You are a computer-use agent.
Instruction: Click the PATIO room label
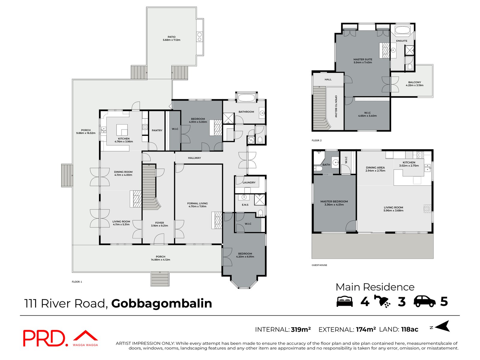point(172,37)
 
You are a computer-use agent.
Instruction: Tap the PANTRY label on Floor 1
point(157,130)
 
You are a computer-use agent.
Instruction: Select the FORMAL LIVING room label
point(197,203)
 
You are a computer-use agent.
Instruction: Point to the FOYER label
point(160,223)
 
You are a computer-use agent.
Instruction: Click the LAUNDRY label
point(249,182)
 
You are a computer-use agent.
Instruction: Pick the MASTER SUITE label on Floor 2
point(363,59)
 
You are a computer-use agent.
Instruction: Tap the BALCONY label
point(415,82)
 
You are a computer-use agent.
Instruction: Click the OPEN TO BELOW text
point(336,106)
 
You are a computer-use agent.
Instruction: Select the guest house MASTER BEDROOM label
point(334,202)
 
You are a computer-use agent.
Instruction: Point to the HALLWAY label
point(194,158)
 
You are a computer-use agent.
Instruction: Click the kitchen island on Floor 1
point(122,130)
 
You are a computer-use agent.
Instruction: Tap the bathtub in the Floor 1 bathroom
point(246,98)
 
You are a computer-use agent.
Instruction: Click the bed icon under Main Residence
point(345,301)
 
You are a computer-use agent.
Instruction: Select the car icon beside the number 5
point(424,301)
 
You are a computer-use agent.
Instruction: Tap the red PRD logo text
point(44,338)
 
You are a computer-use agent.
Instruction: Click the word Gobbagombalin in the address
point(161,304)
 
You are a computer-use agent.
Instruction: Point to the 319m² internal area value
point(301,329)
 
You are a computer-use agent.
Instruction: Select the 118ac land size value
point(409,329)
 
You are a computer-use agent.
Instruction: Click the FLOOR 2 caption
point(316,140)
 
